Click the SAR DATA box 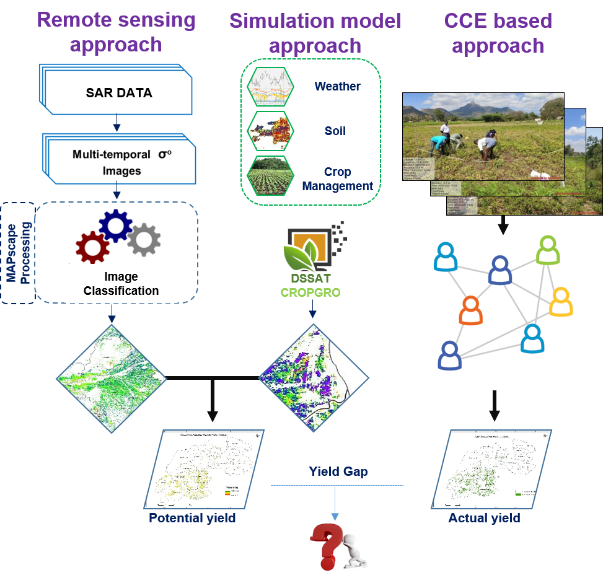(x=118, y=94)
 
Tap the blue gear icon (x=116, y=225)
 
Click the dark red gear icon (x=92, y=246)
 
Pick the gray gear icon (x=144, y=240)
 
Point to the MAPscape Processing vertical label (x=18, y=253)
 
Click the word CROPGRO (x=310, y=292)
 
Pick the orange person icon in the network (x=471, y=310)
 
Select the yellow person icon (x=561, y=302)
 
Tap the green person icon (x=547, y=250)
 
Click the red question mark (x=326, y=545)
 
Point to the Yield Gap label (x=338, y=472)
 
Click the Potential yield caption (x=192, y=517)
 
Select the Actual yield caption (x=484, y=517)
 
